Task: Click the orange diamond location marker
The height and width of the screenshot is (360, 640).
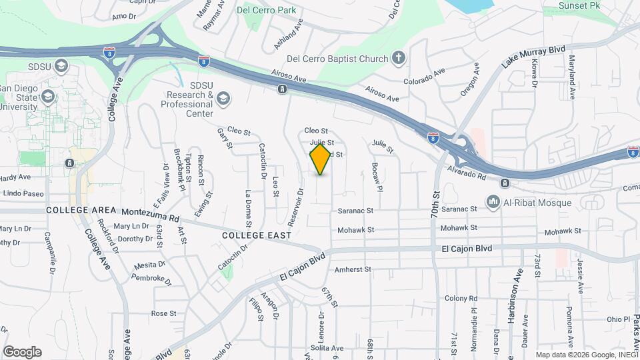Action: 321,159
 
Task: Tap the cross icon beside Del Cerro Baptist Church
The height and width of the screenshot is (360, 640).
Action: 399,58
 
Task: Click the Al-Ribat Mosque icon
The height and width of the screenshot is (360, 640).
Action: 493,201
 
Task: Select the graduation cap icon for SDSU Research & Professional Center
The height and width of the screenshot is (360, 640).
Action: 223,99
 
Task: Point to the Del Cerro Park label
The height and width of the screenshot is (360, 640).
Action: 267,10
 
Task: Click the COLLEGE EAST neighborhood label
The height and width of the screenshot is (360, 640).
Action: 256,235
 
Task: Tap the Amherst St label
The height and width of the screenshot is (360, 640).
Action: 352,269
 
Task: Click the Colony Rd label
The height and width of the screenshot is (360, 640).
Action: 461,298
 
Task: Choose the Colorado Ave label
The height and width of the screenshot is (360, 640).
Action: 426,77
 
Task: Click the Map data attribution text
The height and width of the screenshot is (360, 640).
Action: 586,355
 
